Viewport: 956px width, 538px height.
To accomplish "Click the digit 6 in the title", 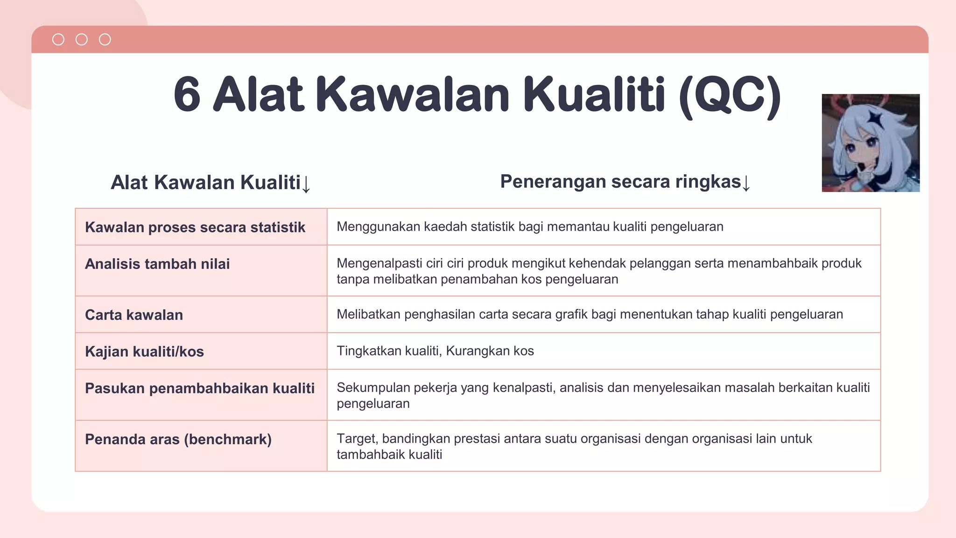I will click(x=187, y=95).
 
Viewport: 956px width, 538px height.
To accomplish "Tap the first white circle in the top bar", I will click(x=58, y=40).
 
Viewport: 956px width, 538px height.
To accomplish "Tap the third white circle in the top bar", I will click(x=105, y=40).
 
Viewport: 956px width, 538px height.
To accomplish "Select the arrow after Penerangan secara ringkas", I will click(x=746, y=183).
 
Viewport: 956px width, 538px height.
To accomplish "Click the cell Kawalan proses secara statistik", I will click(x=195, y=227).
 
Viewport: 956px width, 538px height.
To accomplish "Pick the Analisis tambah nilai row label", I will click(x=157, y=264).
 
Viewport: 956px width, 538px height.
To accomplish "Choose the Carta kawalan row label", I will click(x=134, y=315).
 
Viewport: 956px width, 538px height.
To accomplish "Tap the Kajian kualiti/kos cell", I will click(x=144, y=352).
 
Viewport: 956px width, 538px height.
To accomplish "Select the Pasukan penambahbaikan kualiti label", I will click(x=200, y=388).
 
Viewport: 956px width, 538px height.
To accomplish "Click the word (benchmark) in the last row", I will click(x=228, y=439).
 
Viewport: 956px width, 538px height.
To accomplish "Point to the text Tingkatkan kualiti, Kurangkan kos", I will click(x=435, y=351).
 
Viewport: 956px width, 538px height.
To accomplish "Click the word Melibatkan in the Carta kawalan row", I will click(x=368, y=314).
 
